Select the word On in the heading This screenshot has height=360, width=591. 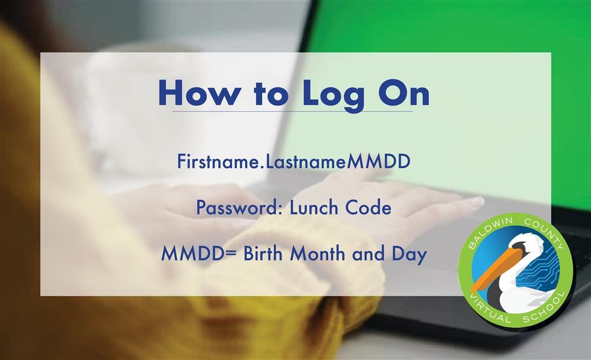tap(403, 93)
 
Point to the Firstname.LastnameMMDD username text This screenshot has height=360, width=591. tap(293, 161)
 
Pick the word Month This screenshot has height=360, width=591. tap(318, 253)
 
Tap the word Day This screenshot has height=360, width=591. tap(409, 255)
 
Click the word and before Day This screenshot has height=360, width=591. tap(368, 253)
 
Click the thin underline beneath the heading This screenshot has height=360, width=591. tap(292, 112)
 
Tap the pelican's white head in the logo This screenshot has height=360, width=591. tap(526, 244)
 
